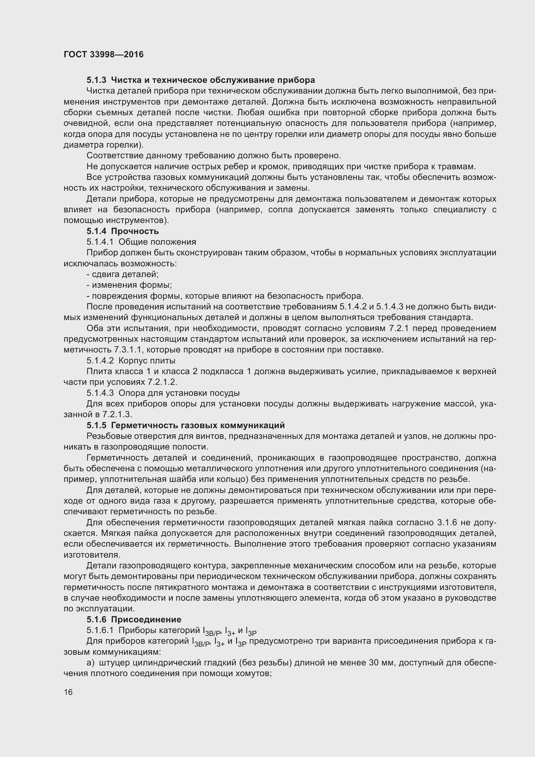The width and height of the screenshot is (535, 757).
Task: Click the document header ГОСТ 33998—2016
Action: click(104, 54)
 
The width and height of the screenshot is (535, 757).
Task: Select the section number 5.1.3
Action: click(96, 80)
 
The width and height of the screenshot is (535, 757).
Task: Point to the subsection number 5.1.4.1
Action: click(100, 242)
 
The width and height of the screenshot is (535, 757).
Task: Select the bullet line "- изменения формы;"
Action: click(129, 285)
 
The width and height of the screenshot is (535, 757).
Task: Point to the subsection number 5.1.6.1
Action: click(100, 630)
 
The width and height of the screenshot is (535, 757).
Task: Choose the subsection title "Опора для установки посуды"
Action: click(179, 393)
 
